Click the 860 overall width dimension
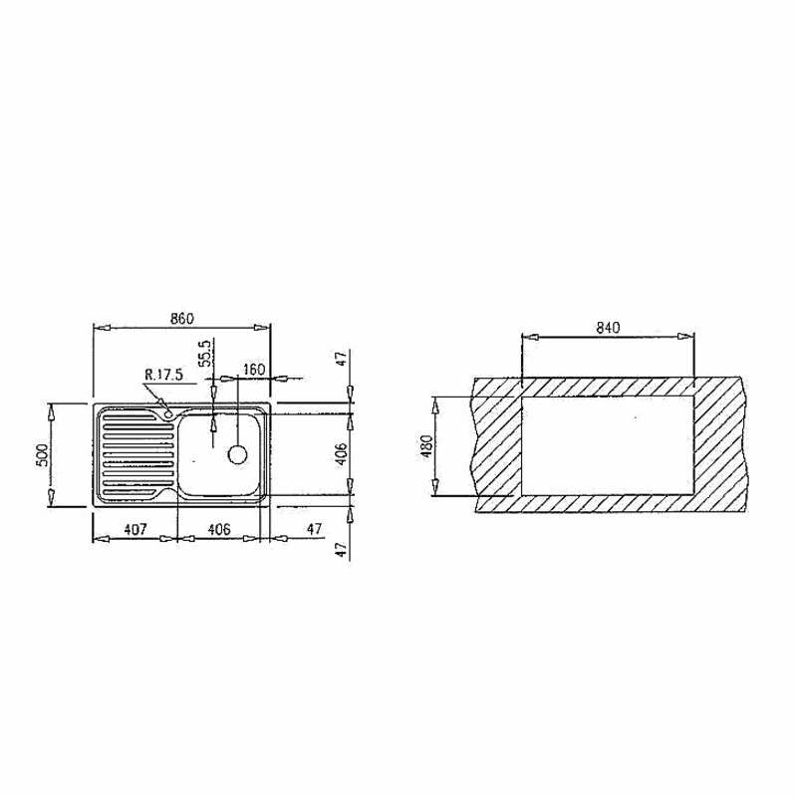180,319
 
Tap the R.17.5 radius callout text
163,375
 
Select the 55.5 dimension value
205,356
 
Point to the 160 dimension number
253,370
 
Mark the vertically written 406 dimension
342,454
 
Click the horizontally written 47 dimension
315,530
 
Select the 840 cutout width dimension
609,327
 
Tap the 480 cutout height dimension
426,446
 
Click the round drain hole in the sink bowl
237,454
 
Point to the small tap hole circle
169,412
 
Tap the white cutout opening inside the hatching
606,445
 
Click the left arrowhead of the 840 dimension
529,337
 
